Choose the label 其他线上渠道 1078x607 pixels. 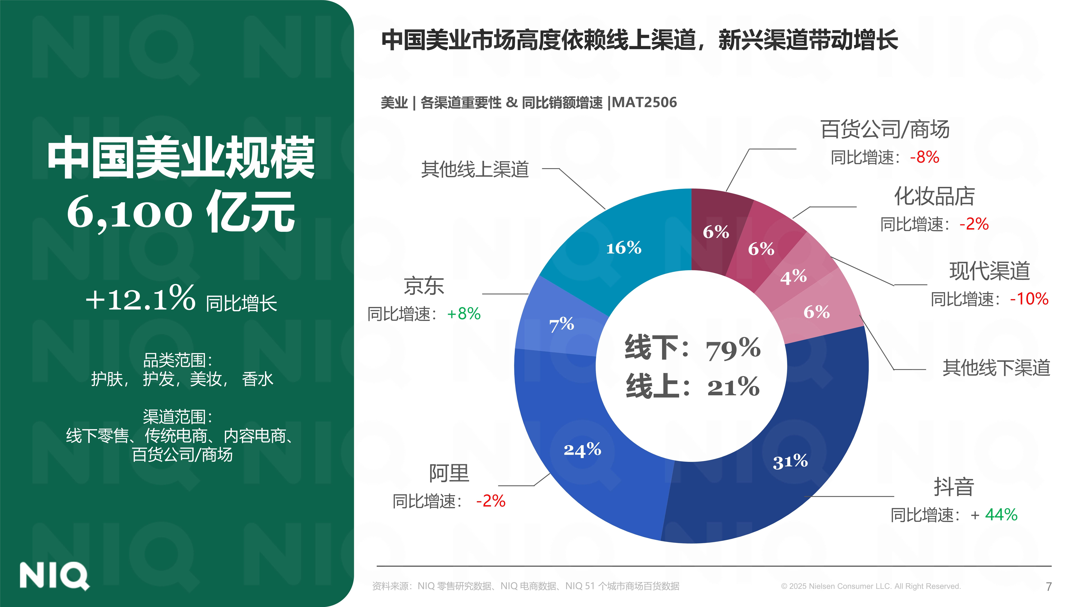point(475,169)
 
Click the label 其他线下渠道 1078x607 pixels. point(996,368)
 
